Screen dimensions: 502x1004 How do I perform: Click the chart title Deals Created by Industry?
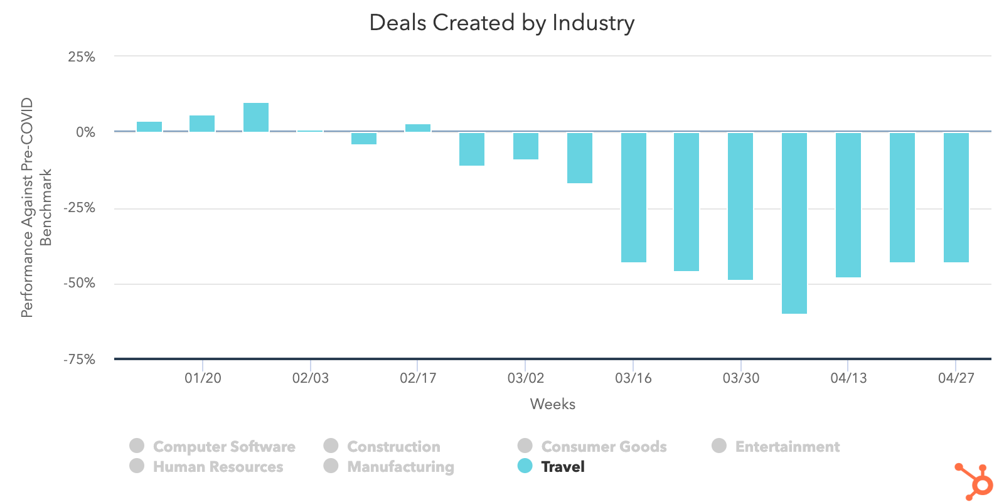(501, 23)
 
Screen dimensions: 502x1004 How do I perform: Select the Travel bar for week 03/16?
(633, 197)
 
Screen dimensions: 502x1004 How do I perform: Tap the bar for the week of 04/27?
(956, 197)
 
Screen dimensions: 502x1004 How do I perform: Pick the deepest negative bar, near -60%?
(794, 223)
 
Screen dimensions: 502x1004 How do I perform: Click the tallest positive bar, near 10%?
(256, 117)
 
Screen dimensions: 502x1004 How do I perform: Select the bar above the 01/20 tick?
(202, 124)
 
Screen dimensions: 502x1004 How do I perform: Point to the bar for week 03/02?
(525, 146)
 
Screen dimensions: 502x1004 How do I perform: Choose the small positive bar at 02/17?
(418, 128)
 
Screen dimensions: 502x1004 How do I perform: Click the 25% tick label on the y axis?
(82, 57)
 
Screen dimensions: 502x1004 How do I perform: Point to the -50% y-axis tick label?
(79, 283)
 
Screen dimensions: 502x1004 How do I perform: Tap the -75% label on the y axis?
(79, 360)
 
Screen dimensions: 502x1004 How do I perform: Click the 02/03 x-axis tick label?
(310, 378)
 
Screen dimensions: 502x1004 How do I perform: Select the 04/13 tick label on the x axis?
(848, 378)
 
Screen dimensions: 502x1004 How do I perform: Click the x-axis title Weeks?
(552, 404)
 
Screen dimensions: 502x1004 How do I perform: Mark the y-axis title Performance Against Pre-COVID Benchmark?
(36, 207)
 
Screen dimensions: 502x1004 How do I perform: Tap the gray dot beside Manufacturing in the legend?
(331, 466)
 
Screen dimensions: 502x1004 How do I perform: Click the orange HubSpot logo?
(975, 481)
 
